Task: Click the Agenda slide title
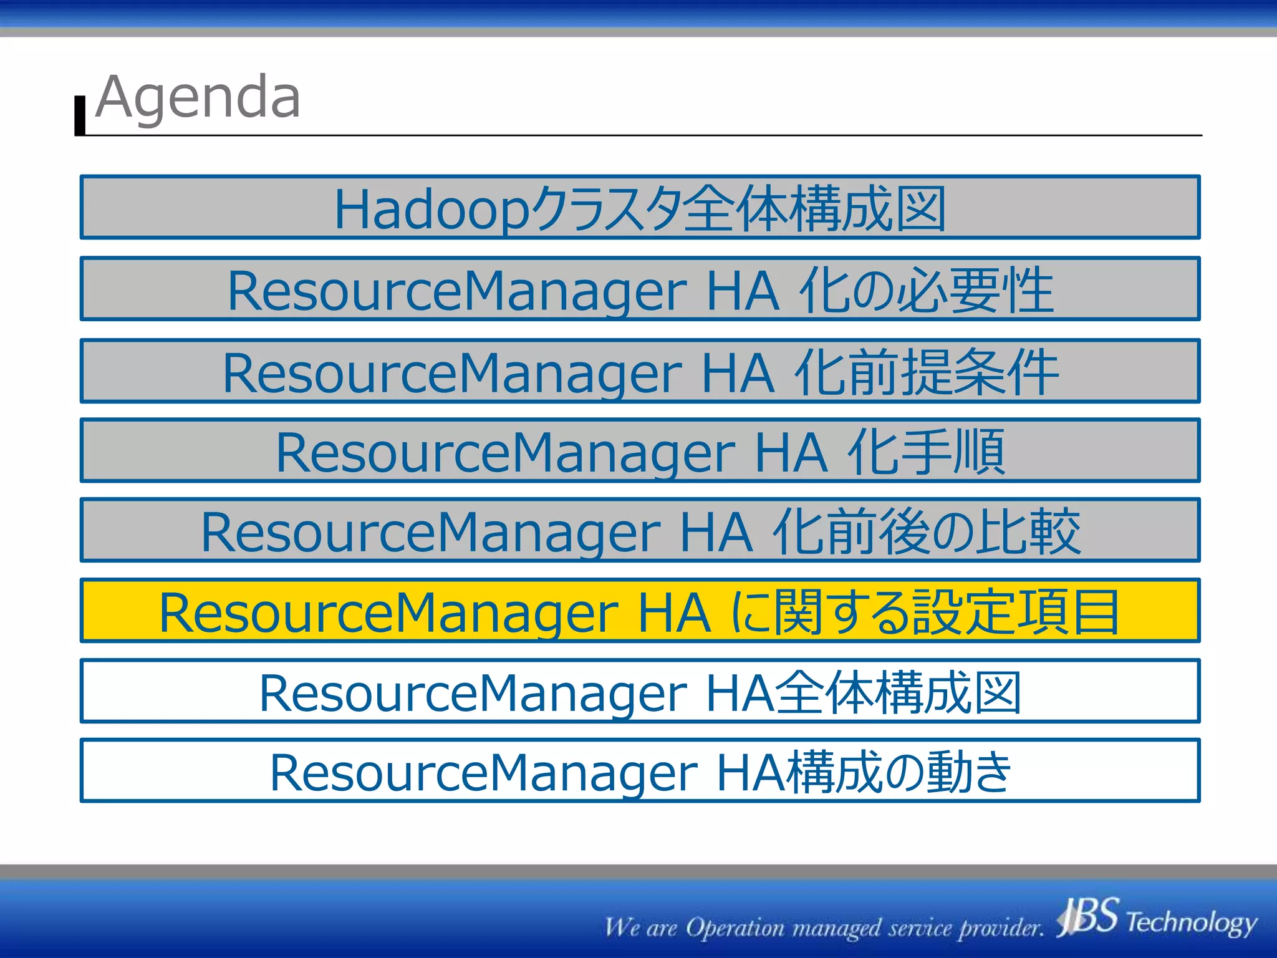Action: point(198,97)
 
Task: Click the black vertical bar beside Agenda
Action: point(80,115)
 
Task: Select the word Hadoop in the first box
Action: point(431,210)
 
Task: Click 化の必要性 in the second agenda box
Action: point(926,290)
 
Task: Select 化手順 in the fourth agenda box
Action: point(927,452)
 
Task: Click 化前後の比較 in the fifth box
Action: point(926,531)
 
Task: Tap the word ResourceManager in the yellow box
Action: point(388,612)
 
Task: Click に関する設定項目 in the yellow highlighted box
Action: point(923,612)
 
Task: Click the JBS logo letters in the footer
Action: point(1088,917)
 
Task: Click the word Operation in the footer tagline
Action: point(735,928)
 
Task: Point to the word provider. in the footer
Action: point(1001,928)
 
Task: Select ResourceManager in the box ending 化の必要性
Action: point(456,291)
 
